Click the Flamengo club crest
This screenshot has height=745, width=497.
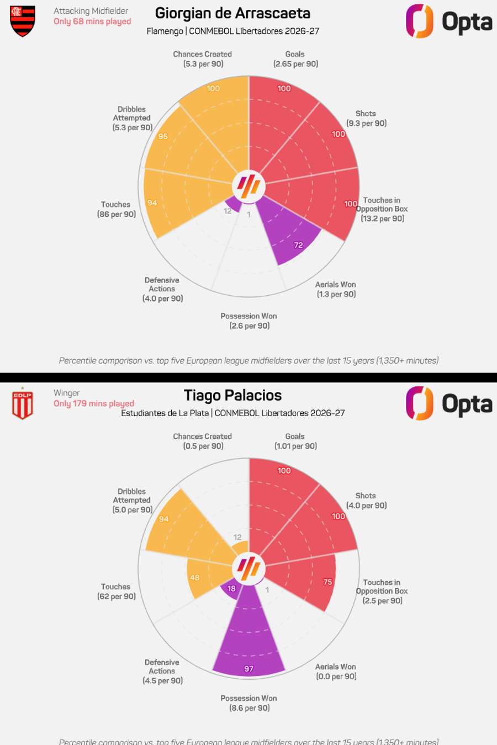[x=23, y=21]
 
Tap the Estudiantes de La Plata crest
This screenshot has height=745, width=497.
[x=23, y=404]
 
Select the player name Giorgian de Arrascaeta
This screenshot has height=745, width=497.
[x=232, y=13]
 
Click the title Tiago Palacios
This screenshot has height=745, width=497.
[x=232, y=396]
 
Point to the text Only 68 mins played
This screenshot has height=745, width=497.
[x=92, y=22]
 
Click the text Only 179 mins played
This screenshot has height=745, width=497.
[x=93, y=404]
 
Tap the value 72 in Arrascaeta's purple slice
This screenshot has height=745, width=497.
[x=298, y=245]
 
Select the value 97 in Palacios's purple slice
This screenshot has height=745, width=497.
[x=249, y=669]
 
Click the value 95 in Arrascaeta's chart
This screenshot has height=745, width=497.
[x=163, y=136]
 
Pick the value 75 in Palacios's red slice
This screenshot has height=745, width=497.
[x=327, y=582]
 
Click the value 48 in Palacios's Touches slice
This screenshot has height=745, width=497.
[x=194, y=578]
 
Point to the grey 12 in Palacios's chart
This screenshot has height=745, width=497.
[x=237, y=537]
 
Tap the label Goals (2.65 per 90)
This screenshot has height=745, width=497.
[x=295, y=59]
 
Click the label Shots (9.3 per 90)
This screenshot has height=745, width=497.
[x=366, y=118]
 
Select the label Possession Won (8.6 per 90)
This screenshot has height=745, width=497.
[x=249, y=703]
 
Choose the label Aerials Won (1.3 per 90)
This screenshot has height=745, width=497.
[x=336, y=289]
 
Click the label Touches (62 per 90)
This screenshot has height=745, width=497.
[x=116, y=592]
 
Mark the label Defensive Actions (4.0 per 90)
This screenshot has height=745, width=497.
[x=162, y=289]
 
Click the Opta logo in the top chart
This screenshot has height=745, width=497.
[x=448, y=22]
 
